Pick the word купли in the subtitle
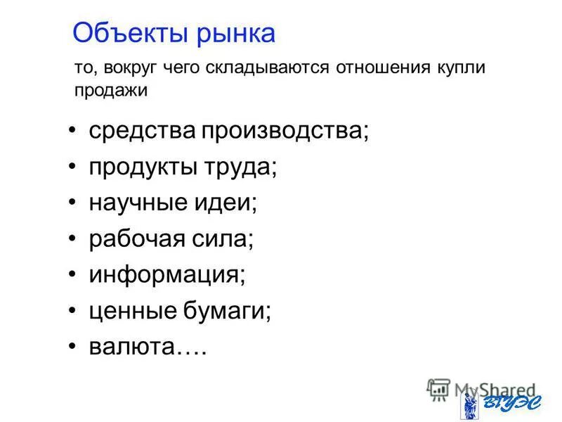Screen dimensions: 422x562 pyautogui.click(x=461, y=69)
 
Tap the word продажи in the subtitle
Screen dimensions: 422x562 pyautogui.click(x=111, y=91)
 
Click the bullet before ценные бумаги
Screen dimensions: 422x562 pyautogui.click(x=74, y=310)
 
